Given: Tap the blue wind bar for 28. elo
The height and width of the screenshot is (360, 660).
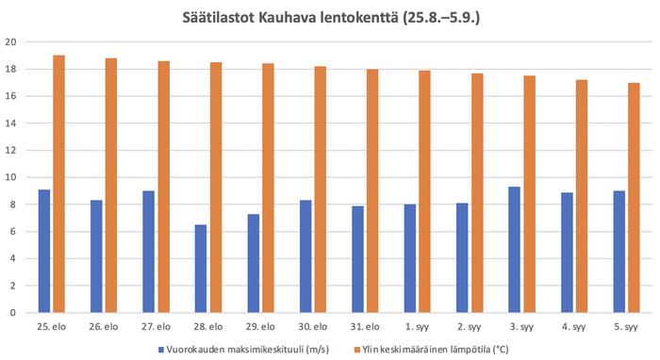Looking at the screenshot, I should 201,269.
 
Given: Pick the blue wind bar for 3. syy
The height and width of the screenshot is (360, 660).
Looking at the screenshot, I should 514,250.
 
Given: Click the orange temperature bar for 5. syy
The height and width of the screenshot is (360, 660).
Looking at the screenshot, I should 634,198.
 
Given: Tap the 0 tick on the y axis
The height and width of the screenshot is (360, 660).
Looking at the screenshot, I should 12,312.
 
